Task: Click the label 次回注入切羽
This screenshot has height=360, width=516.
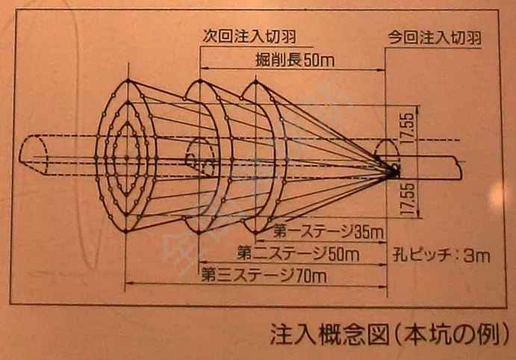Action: pos(249,36)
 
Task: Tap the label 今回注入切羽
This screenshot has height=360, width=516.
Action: pos(435,38)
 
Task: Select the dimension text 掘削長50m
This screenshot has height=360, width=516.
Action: pos(294,60)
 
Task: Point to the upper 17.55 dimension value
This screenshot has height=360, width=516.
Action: pos(407,128)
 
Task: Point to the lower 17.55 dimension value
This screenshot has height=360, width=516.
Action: pos(407,199)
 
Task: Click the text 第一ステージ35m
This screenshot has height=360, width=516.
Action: pos(328,232)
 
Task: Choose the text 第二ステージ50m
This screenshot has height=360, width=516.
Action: pos(298,254)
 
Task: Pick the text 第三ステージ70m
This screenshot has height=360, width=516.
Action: pos(264,275)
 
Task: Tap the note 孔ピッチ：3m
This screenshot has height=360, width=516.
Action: pos(441,255)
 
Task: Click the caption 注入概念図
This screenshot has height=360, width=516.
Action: pos(329,335)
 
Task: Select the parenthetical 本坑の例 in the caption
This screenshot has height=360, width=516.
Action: pos(452,335)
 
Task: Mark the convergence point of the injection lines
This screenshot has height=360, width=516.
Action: pos(391,172)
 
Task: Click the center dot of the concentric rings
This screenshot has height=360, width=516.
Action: pos(127,158)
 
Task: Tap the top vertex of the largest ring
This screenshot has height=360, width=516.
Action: pos(128,80)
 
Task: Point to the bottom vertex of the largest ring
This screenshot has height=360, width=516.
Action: pos(125,231)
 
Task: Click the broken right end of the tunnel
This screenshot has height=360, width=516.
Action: pos(461,168)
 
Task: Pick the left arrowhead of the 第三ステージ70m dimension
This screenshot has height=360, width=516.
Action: pos(130,282)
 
